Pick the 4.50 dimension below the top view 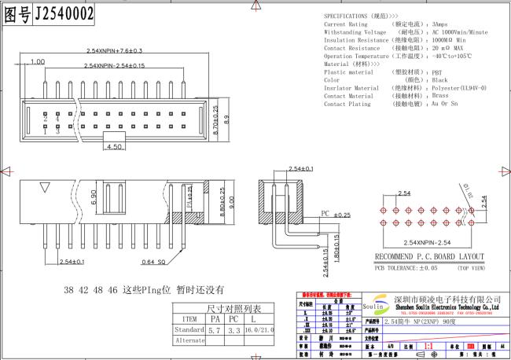(x=115, y=146)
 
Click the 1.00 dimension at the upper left (x=36, y=61)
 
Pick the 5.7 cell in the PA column (x=216, y=331)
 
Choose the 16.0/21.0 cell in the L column (x=259, y=331)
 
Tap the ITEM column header (x=189, y=319)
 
